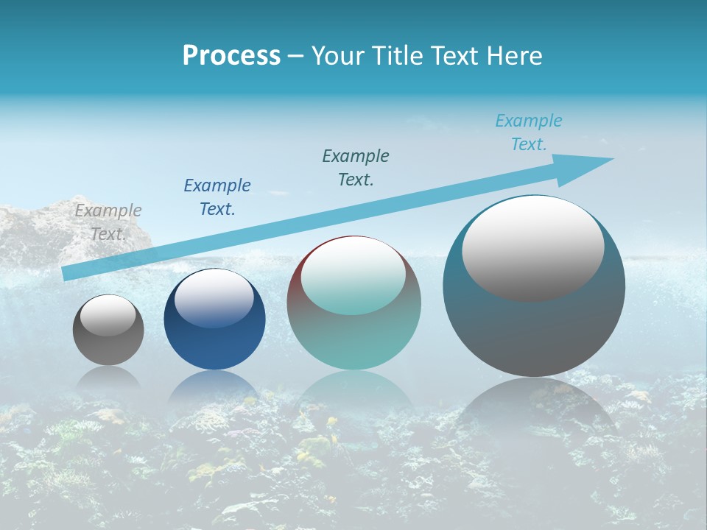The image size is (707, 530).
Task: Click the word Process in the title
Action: [231, 56]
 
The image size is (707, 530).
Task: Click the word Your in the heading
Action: [340, 56]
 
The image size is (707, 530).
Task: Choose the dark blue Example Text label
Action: [217, 197]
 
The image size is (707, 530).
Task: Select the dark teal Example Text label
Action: [356, 168]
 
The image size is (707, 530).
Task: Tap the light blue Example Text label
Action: [529, 132]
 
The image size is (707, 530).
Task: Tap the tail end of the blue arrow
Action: [68, 274]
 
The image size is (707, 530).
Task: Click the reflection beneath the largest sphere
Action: [534, 405]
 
